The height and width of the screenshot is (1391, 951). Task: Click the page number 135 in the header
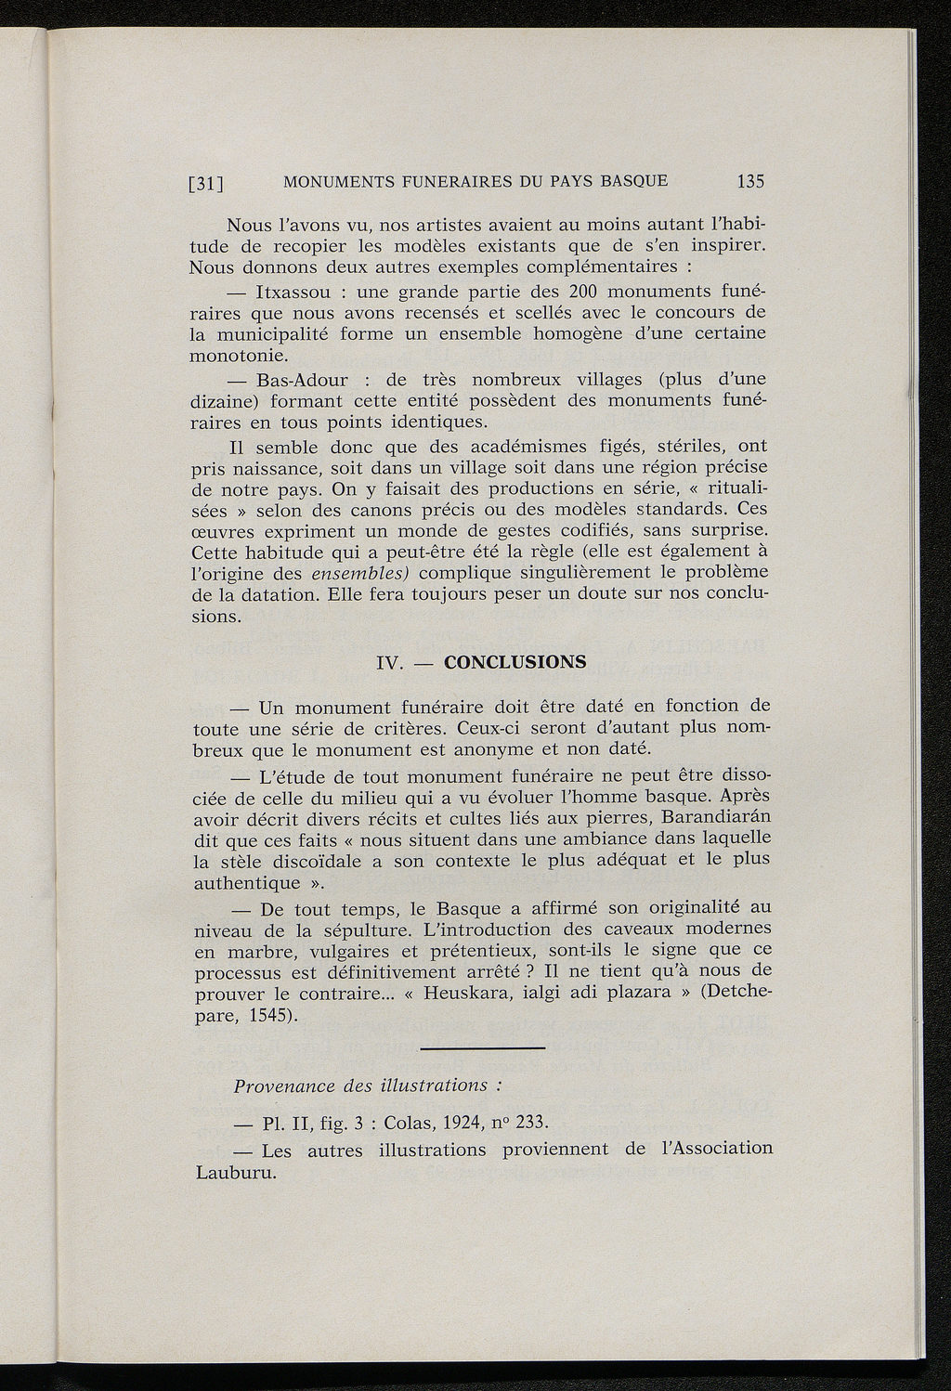[750, 181]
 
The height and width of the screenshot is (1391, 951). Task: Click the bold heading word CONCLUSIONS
[515, 663]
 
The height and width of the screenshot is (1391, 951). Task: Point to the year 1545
[270, 1014]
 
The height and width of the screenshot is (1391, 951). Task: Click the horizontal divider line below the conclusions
[482, 1049]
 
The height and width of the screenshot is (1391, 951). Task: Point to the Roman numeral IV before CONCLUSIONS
[387, 664]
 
